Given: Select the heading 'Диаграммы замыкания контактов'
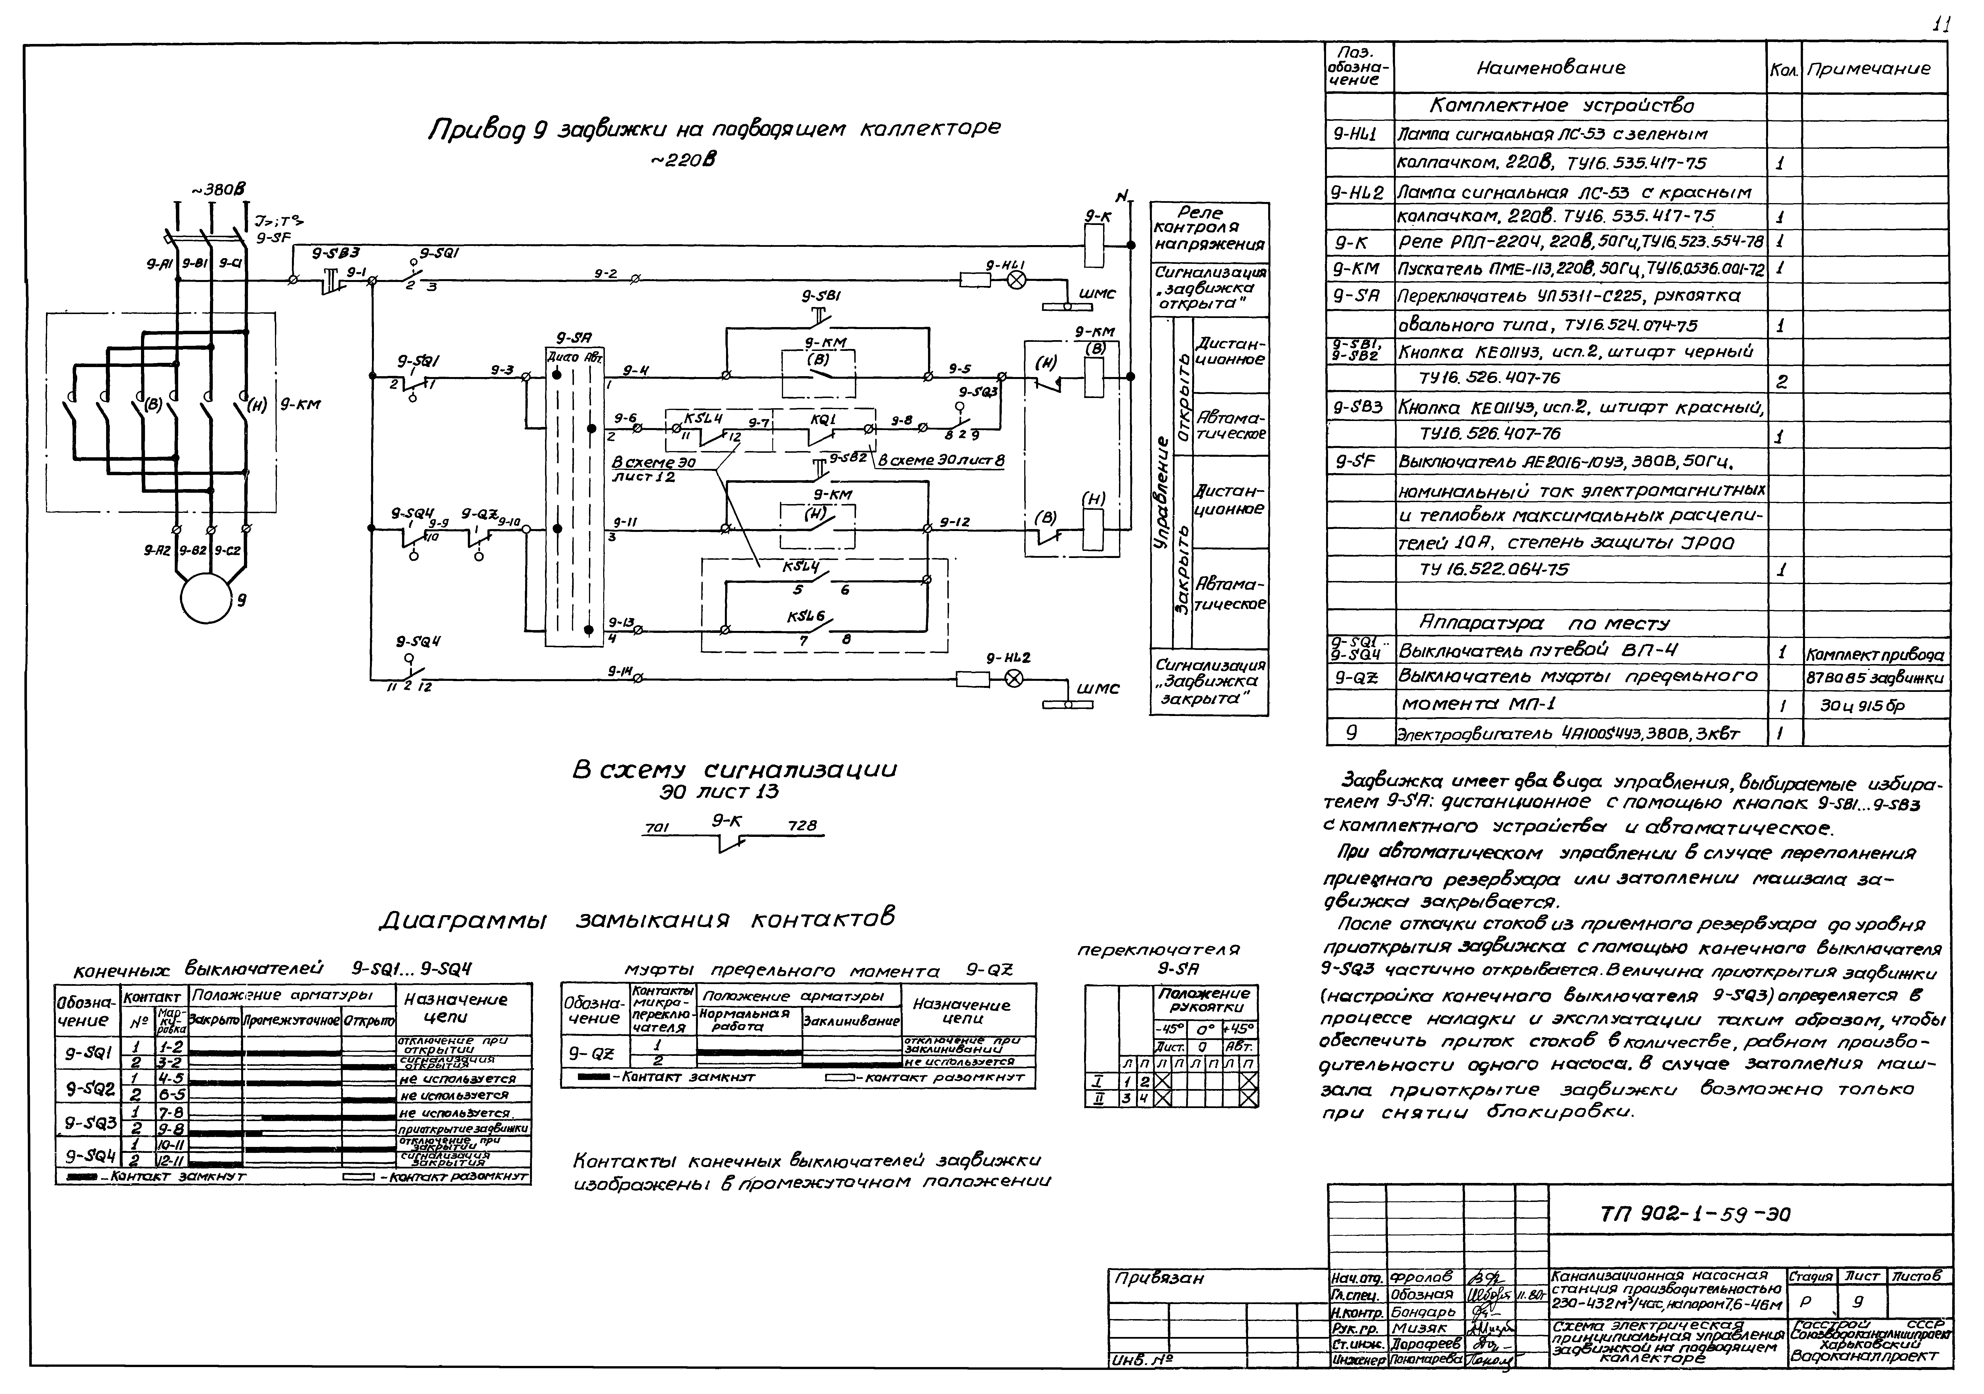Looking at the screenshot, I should click(637, 919).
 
